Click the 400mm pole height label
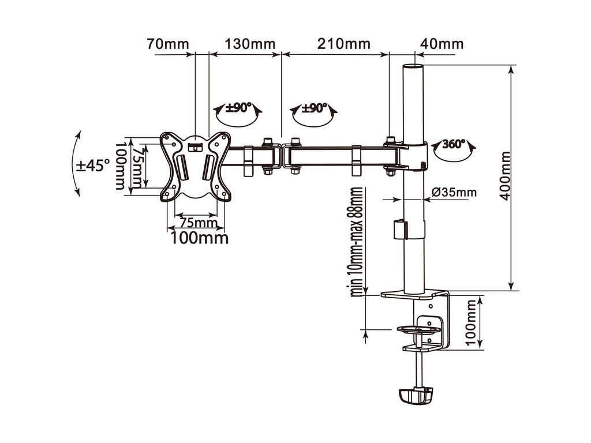tap(505, 175)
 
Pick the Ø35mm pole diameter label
tap(454, 192)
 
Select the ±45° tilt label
tap(93, 166)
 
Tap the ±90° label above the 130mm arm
tap(237, 108)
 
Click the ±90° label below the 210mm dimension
tap(315, 108)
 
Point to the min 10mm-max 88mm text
tap(358, 242)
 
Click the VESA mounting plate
tap(196, 166)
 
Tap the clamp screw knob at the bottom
tap(415, 395)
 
